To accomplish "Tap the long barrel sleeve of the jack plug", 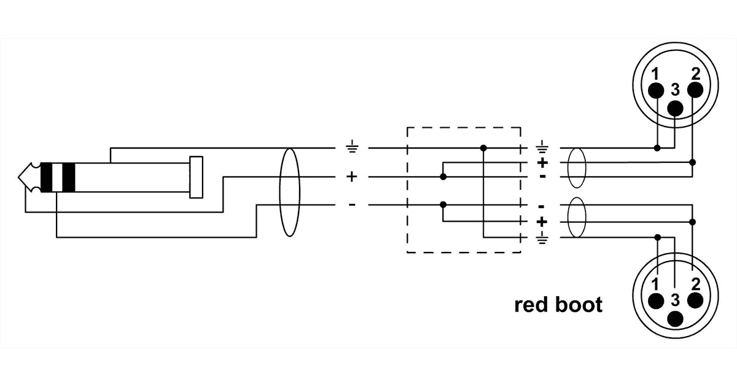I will (x=132, y=177).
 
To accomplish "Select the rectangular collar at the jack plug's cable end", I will (x=196, y=177).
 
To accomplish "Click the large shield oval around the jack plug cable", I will (x=289, y=192).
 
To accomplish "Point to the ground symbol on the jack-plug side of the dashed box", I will (x=352, y=148).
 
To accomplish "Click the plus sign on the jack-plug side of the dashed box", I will (x=352, y=177).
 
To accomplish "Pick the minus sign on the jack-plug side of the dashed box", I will (x=352, y=204).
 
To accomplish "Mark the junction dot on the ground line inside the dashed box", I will (x=484, y=148).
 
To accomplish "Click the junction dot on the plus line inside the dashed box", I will (x=443, y=177).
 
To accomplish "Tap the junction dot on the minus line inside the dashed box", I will (x=443, y=204).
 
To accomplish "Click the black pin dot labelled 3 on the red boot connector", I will (x=676, y=319).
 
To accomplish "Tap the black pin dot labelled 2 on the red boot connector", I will (x=695, y=300).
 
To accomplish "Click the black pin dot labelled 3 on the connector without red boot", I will (x=676, y=108).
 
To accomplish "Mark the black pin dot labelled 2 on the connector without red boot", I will (x=695, y=91).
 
